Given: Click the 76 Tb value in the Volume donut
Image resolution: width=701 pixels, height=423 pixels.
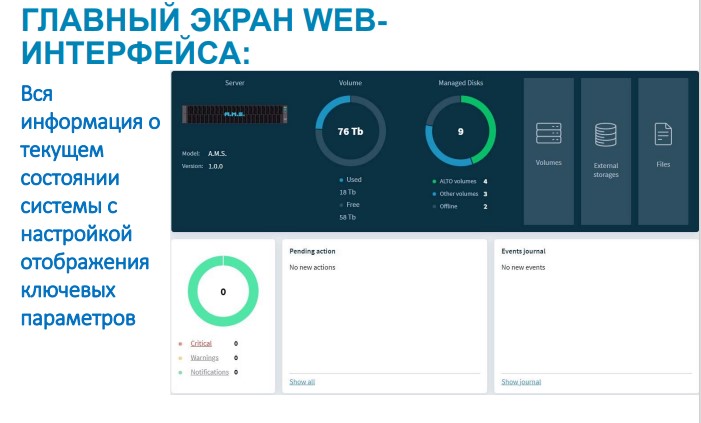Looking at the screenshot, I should (x=350, y=131).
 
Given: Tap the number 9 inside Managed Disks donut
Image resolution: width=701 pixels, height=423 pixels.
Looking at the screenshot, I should (x=460, y=131).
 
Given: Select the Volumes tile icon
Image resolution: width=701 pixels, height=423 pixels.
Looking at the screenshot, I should (x=548, y=133).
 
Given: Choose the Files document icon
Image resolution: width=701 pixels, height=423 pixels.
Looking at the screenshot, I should (x=663, y=133).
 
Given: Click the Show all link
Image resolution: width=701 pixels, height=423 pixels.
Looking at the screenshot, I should (x=302, y=382).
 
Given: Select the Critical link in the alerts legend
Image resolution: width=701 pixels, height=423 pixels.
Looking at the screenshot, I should (x=201, y=343).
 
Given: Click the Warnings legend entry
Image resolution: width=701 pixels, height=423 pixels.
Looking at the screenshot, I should (x=204, y=357).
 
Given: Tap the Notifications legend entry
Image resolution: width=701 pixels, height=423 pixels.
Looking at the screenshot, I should (x=210, y=372).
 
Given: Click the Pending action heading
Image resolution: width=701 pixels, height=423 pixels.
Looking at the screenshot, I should (x=313, y=251).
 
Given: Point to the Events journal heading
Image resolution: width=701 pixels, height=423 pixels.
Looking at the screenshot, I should (x=523, y=251).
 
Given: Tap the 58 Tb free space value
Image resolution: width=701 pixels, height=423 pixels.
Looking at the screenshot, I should (x=348, y=216).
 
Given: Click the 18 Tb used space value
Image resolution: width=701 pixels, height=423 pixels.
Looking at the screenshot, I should (x=348, y=191).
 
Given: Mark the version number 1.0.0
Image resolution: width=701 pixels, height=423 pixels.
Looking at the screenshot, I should (x=216, y=166).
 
